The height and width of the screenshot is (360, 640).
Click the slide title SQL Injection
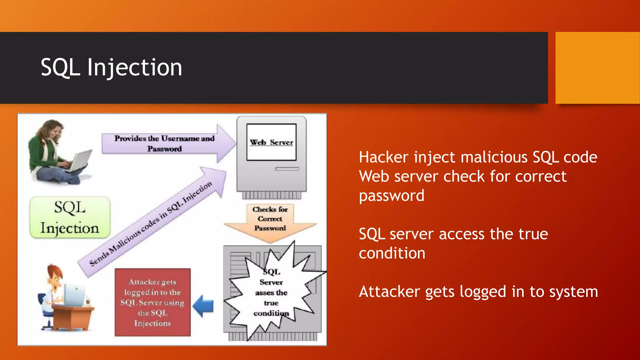tap(111, 67)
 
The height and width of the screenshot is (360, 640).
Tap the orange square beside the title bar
tap(597, 67)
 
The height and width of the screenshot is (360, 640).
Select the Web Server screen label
tap(271, 142)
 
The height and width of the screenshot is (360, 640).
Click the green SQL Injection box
tap(70, 217)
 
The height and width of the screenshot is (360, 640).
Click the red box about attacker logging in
tap(152, 302)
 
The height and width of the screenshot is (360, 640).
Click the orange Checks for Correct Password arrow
tap(270, 222)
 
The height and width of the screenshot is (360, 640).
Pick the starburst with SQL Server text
tap(271, 292)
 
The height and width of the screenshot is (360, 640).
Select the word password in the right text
tap(392, 196)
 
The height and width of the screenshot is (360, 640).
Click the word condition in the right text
tap(392, 253)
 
